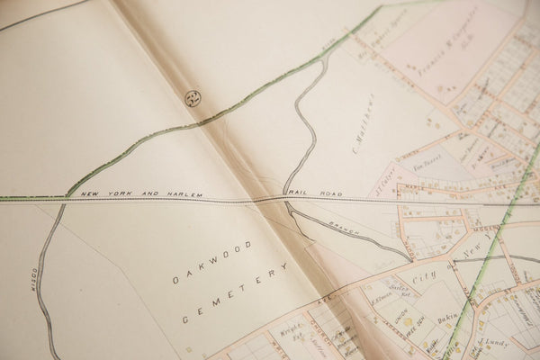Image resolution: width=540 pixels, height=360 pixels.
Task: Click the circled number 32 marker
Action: pos(193,98)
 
